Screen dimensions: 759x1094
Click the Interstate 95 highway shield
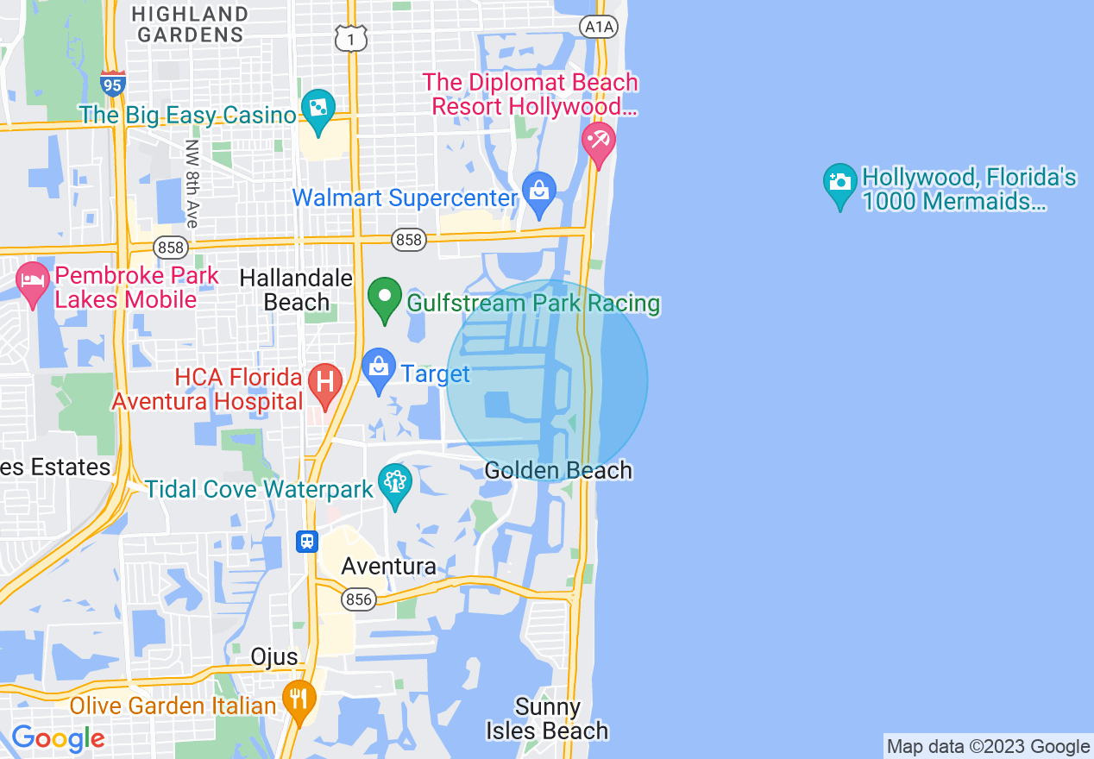[113, 83]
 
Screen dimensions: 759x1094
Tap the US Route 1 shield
[351, 37]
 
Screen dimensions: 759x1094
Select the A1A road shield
[598, 27]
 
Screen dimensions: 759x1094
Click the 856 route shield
[358, 599]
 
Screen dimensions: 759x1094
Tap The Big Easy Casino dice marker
[318, 110]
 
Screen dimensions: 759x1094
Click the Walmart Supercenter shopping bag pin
[539, 192]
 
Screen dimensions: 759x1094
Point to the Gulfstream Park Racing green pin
[385, 298]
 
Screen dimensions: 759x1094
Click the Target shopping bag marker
[378, 369]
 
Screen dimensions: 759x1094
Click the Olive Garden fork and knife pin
[299, 699]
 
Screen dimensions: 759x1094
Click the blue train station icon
[307, 541]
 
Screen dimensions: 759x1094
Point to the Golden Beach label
[558, 471]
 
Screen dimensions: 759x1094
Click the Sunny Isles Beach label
[547, 719]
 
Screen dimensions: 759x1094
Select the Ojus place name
[274, 656]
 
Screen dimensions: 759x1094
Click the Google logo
[58, 738]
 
